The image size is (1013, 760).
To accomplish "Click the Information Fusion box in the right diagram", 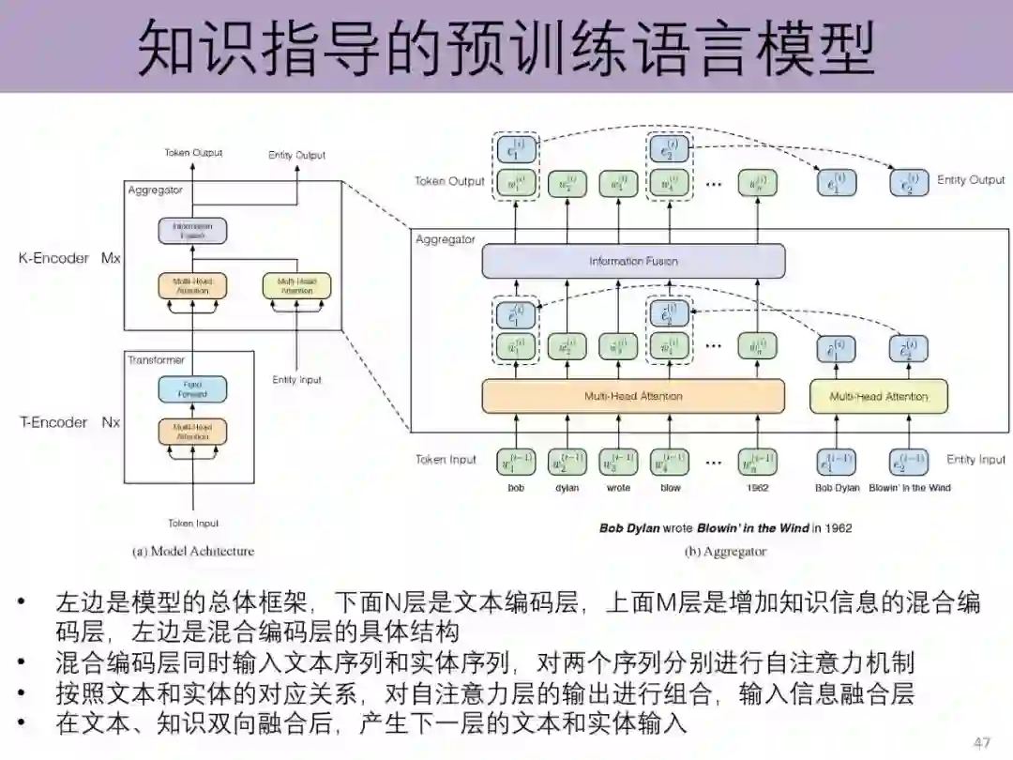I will (633, 261).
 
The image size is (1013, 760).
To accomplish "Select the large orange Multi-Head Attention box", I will (633, 396).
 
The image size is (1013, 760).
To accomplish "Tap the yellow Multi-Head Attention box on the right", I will (879, 396).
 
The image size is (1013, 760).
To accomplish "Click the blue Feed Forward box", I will (192, 388).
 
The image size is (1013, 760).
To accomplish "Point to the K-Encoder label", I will (53, 257).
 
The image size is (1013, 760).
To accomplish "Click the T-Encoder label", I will (53, 422).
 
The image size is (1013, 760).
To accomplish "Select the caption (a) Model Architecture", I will (193, 551).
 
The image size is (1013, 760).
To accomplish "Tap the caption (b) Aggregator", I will (726, 551).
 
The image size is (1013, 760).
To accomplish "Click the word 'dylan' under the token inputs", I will (567, 488).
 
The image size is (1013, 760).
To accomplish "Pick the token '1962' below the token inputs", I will (758, 488).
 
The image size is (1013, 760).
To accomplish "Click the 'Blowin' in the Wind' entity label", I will (909, 488).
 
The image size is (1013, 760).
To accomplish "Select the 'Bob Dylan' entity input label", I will (838, 488).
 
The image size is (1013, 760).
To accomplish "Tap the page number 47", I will (982, 743).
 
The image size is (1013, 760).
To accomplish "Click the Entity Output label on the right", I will (971, 179).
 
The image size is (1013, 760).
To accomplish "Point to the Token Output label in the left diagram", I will (194, 153).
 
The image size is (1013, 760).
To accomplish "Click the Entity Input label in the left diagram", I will (296, 380).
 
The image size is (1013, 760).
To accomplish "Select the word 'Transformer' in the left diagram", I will (157, 360).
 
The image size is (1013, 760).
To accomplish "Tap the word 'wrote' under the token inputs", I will (619, 488).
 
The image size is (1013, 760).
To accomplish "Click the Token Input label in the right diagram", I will (446, 460).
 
